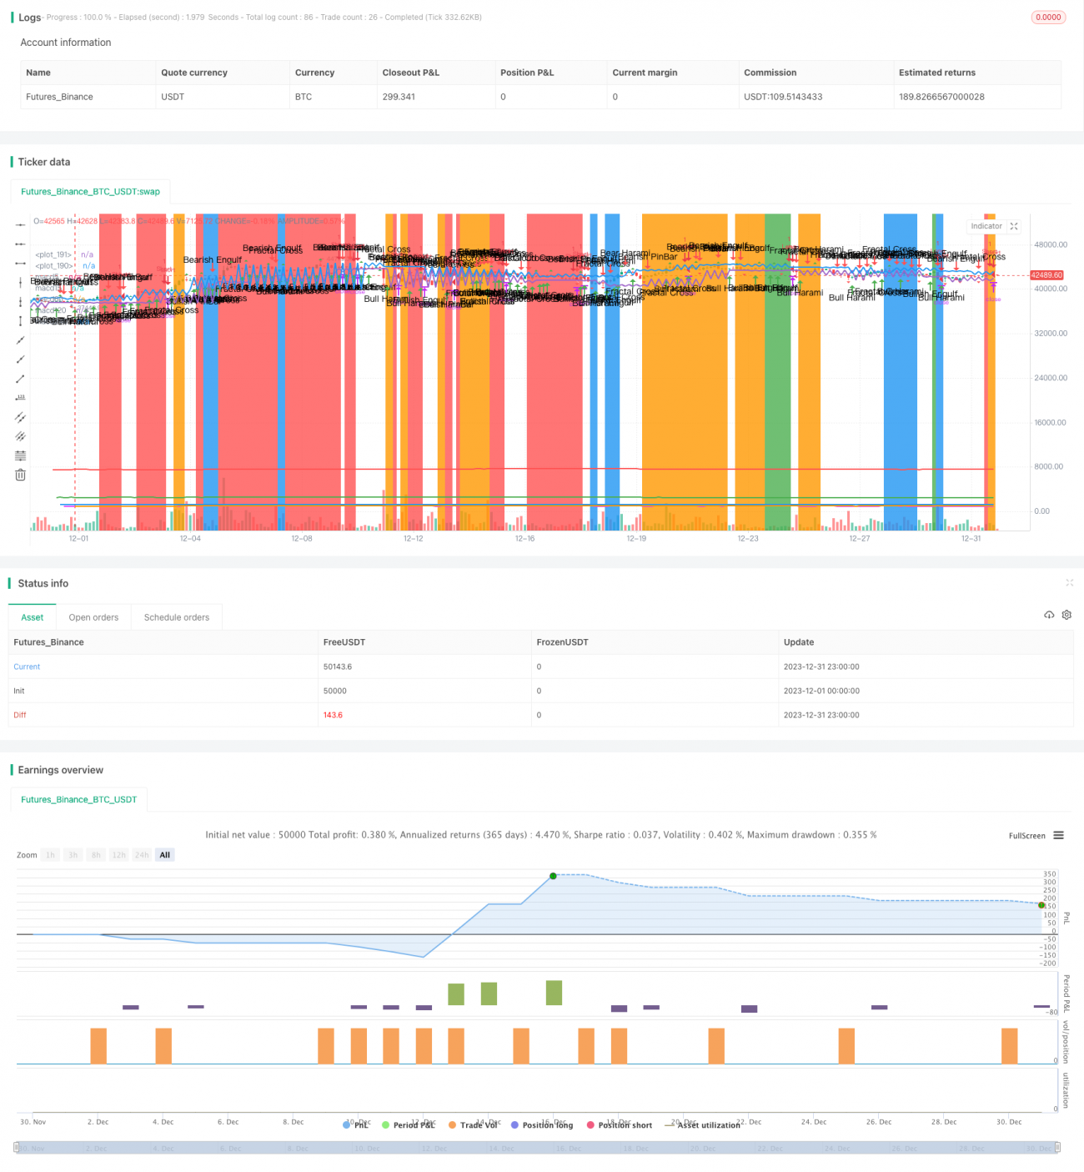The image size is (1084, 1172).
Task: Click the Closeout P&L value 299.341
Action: [x=399, y=97]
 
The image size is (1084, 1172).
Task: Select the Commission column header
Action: [x=770, y=73]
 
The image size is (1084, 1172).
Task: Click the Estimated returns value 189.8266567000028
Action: [x=941, y=97]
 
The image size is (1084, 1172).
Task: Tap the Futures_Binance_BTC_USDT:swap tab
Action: [x=90, y=192]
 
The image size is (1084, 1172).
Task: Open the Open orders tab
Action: [x=93, y=617]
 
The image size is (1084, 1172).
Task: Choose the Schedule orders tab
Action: [x=177, y=617]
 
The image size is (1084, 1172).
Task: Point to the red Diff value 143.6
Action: [x=333, y=715]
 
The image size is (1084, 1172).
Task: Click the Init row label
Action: [x=19, y=691]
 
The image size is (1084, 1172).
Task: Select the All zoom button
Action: [x=165, y=855]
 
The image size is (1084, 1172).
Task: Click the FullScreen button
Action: [x=1026, y=836]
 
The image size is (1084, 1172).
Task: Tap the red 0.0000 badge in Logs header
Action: [x=1048, y=18]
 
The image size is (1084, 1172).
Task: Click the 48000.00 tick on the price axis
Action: [x=1050, y=245]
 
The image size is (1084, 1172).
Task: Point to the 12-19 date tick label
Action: [x=636, y=539]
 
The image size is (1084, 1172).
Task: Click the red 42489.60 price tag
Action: [x=1046, y=275]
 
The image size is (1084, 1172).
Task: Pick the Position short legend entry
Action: [x=625, y=1125]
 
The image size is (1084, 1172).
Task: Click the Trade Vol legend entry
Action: [x=478, y=1125]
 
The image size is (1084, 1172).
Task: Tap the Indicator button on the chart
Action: [x=986, y=226]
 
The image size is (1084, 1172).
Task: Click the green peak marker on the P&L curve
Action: [x=553, y=876]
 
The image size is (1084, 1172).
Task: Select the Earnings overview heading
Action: [x=60, y=770]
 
